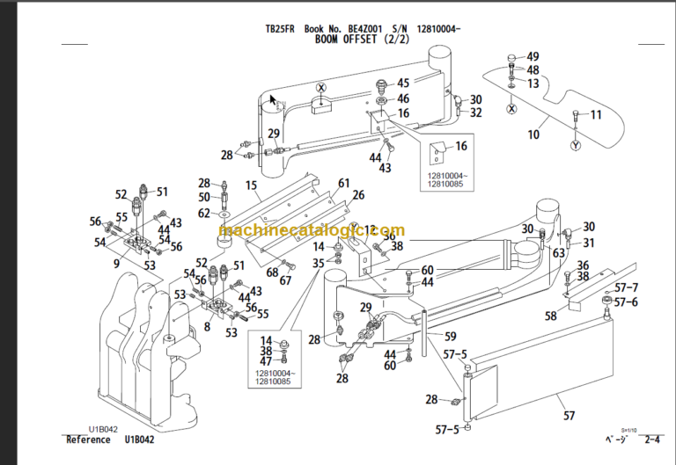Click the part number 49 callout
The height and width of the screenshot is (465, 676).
[x=533, y=57]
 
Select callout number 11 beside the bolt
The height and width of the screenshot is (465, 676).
[x=596, y=115]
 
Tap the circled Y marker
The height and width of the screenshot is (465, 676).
[x=576, y=145]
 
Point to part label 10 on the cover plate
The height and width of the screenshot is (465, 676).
[x=533, y=134]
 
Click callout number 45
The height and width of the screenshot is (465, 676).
[x=403, y=84]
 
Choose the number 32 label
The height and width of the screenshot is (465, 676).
[x=475, y=113]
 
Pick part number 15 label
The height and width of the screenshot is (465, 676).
[x=251, y=185]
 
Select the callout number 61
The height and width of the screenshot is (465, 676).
[x=343, y=183]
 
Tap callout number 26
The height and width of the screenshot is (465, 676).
[x=358, y=194]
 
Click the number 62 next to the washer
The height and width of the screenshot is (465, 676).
[x=204, y=213]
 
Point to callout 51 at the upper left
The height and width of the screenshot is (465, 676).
[x=161, y=191]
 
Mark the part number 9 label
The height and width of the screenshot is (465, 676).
[x=117, y=262]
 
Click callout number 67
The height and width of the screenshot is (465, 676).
[x=285, y=281]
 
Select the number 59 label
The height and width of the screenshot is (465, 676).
[x=449, y=336]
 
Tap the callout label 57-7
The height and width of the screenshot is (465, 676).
[x=627, y=288]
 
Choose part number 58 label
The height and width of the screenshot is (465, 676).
[x=551, y=316]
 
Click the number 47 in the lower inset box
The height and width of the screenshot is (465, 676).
[x=266, y=361]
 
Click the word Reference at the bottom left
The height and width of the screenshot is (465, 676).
[x=89, y=439]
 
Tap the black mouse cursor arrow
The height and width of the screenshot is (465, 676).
[x=273, y=99]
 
